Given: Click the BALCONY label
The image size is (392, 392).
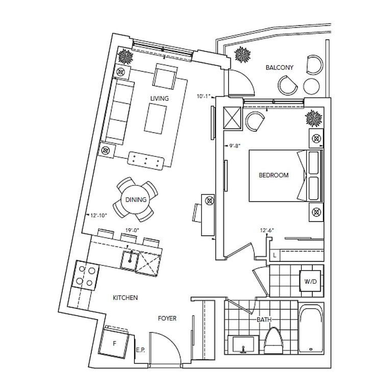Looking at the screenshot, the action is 279,67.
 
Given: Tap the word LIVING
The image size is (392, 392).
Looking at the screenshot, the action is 159,99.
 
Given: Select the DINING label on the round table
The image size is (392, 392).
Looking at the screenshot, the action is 136,200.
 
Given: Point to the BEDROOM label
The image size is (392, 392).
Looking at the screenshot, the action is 274,175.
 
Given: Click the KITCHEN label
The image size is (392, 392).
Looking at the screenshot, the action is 125,298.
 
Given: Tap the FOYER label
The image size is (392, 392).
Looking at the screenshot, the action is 167,318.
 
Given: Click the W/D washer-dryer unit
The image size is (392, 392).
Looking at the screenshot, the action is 310,281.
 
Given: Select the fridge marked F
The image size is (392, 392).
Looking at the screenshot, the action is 114,343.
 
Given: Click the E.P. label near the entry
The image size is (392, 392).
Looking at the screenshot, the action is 140,350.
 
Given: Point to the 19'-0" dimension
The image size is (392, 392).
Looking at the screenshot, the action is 132,230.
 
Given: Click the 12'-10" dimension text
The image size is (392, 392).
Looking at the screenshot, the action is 99,215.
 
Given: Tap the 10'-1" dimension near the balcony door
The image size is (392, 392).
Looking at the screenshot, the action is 203,96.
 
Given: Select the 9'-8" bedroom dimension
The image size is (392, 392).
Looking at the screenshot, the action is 234,145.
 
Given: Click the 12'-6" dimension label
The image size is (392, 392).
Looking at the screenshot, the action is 267,230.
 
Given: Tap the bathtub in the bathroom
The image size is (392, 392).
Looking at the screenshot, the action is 311,328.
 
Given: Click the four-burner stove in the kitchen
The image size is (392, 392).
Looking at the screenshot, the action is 85,275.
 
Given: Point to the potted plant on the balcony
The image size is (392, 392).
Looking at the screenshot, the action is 242,55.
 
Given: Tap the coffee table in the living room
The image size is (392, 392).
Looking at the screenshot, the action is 155,119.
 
